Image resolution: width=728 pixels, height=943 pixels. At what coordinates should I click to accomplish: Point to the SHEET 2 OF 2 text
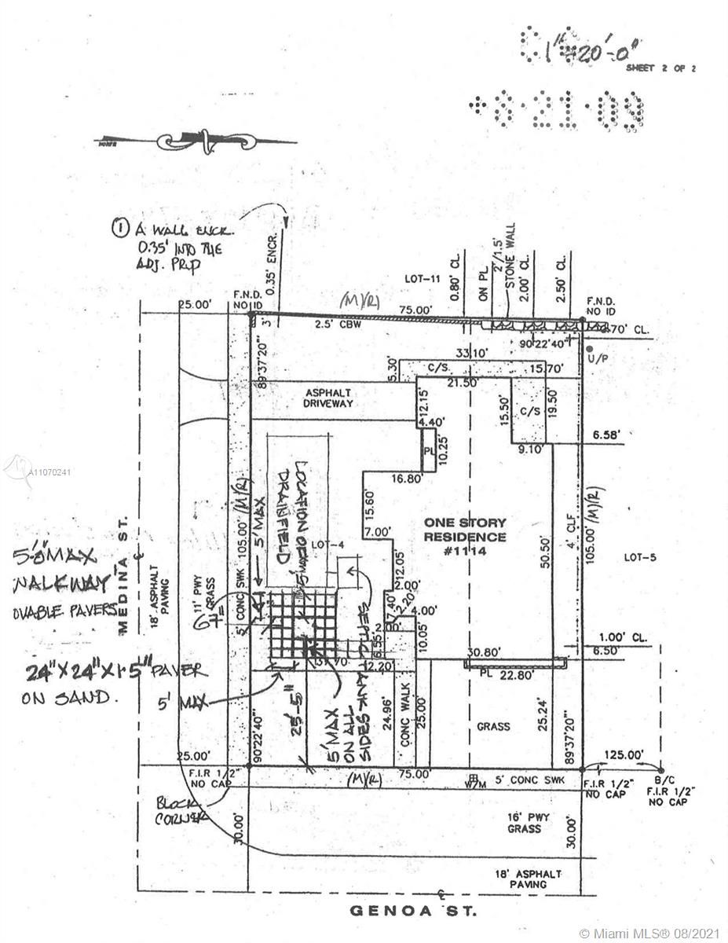point(660,68)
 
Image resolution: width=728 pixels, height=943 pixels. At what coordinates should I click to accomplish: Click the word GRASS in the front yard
point(493,727)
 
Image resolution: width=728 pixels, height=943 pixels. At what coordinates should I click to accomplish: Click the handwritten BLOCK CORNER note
point(181,809)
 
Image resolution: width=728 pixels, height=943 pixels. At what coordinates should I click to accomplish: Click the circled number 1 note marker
point(121,229)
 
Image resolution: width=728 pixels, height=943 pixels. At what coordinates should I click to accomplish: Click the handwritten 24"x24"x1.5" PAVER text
point(114,672)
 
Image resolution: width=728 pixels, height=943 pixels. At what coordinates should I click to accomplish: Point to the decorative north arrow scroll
point(206,141)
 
